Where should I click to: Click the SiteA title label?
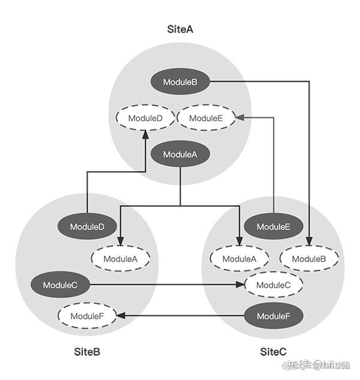click(x=181, y=28)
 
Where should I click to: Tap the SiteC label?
click(x=274, y=351)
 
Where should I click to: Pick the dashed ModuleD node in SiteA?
click(x=145, y=118)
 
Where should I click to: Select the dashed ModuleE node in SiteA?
click(x=206, y=118)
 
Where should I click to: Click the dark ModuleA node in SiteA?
click(x=180, y=154)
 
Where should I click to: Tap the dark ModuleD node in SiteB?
click(x=87, y=227)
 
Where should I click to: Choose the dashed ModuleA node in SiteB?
click(x=120, y=259)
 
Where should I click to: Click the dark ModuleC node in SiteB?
click(x=61, y=285)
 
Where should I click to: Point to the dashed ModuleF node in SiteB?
click(x=87, y=316)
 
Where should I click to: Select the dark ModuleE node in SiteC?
click(x=274, y=227)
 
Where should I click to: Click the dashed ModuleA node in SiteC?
click(x=239, y=259)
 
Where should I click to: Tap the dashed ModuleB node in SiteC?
click(x=309, y=259)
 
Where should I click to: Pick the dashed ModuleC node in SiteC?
click(x=273, y=285)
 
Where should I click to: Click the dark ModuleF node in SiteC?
click(x=274, y=316)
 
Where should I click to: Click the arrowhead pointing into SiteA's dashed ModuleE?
click(x=239, y=118)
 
